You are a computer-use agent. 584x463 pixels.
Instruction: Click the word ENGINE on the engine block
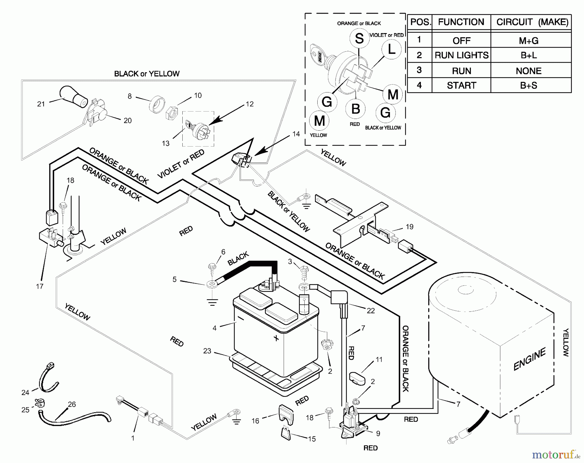[x=529, y=359]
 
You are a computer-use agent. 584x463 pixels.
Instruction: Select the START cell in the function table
[x=461, y=86]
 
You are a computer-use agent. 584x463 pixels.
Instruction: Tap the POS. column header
[x=420, y=22]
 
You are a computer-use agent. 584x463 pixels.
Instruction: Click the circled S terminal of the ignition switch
[x=359, y=39]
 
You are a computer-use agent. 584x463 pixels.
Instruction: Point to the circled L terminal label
[x=392, y=50]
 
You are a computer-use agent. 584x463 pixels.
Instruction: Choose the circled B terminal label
[x=356, y=109]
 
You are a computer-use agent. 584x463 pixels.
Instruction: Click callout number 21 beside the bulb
[x=41, y=104]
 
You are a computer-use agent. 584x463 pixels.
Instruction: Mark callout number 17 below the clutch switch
[x=40, y=286]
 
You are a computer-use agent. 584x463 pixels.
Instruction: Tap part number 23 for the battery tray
[x=207, y=351]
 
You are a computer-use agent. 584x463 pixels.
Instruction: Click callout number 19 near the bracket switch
[x=409, y=227]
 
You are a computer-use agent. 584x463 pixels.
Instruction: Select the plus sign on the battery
[x=276, y=338]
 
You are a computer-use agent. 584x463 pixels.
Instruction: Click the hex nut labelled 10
[x=171, y=113]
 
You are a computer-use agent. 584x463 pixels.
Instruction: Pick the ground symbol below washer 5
[x=212, y=303]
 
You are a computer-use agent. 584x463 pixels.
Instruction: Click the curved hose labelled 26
[x=75, y=419]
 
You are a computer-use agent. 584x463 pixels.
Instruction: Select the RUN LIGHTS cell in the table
[x=461, y=55]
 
